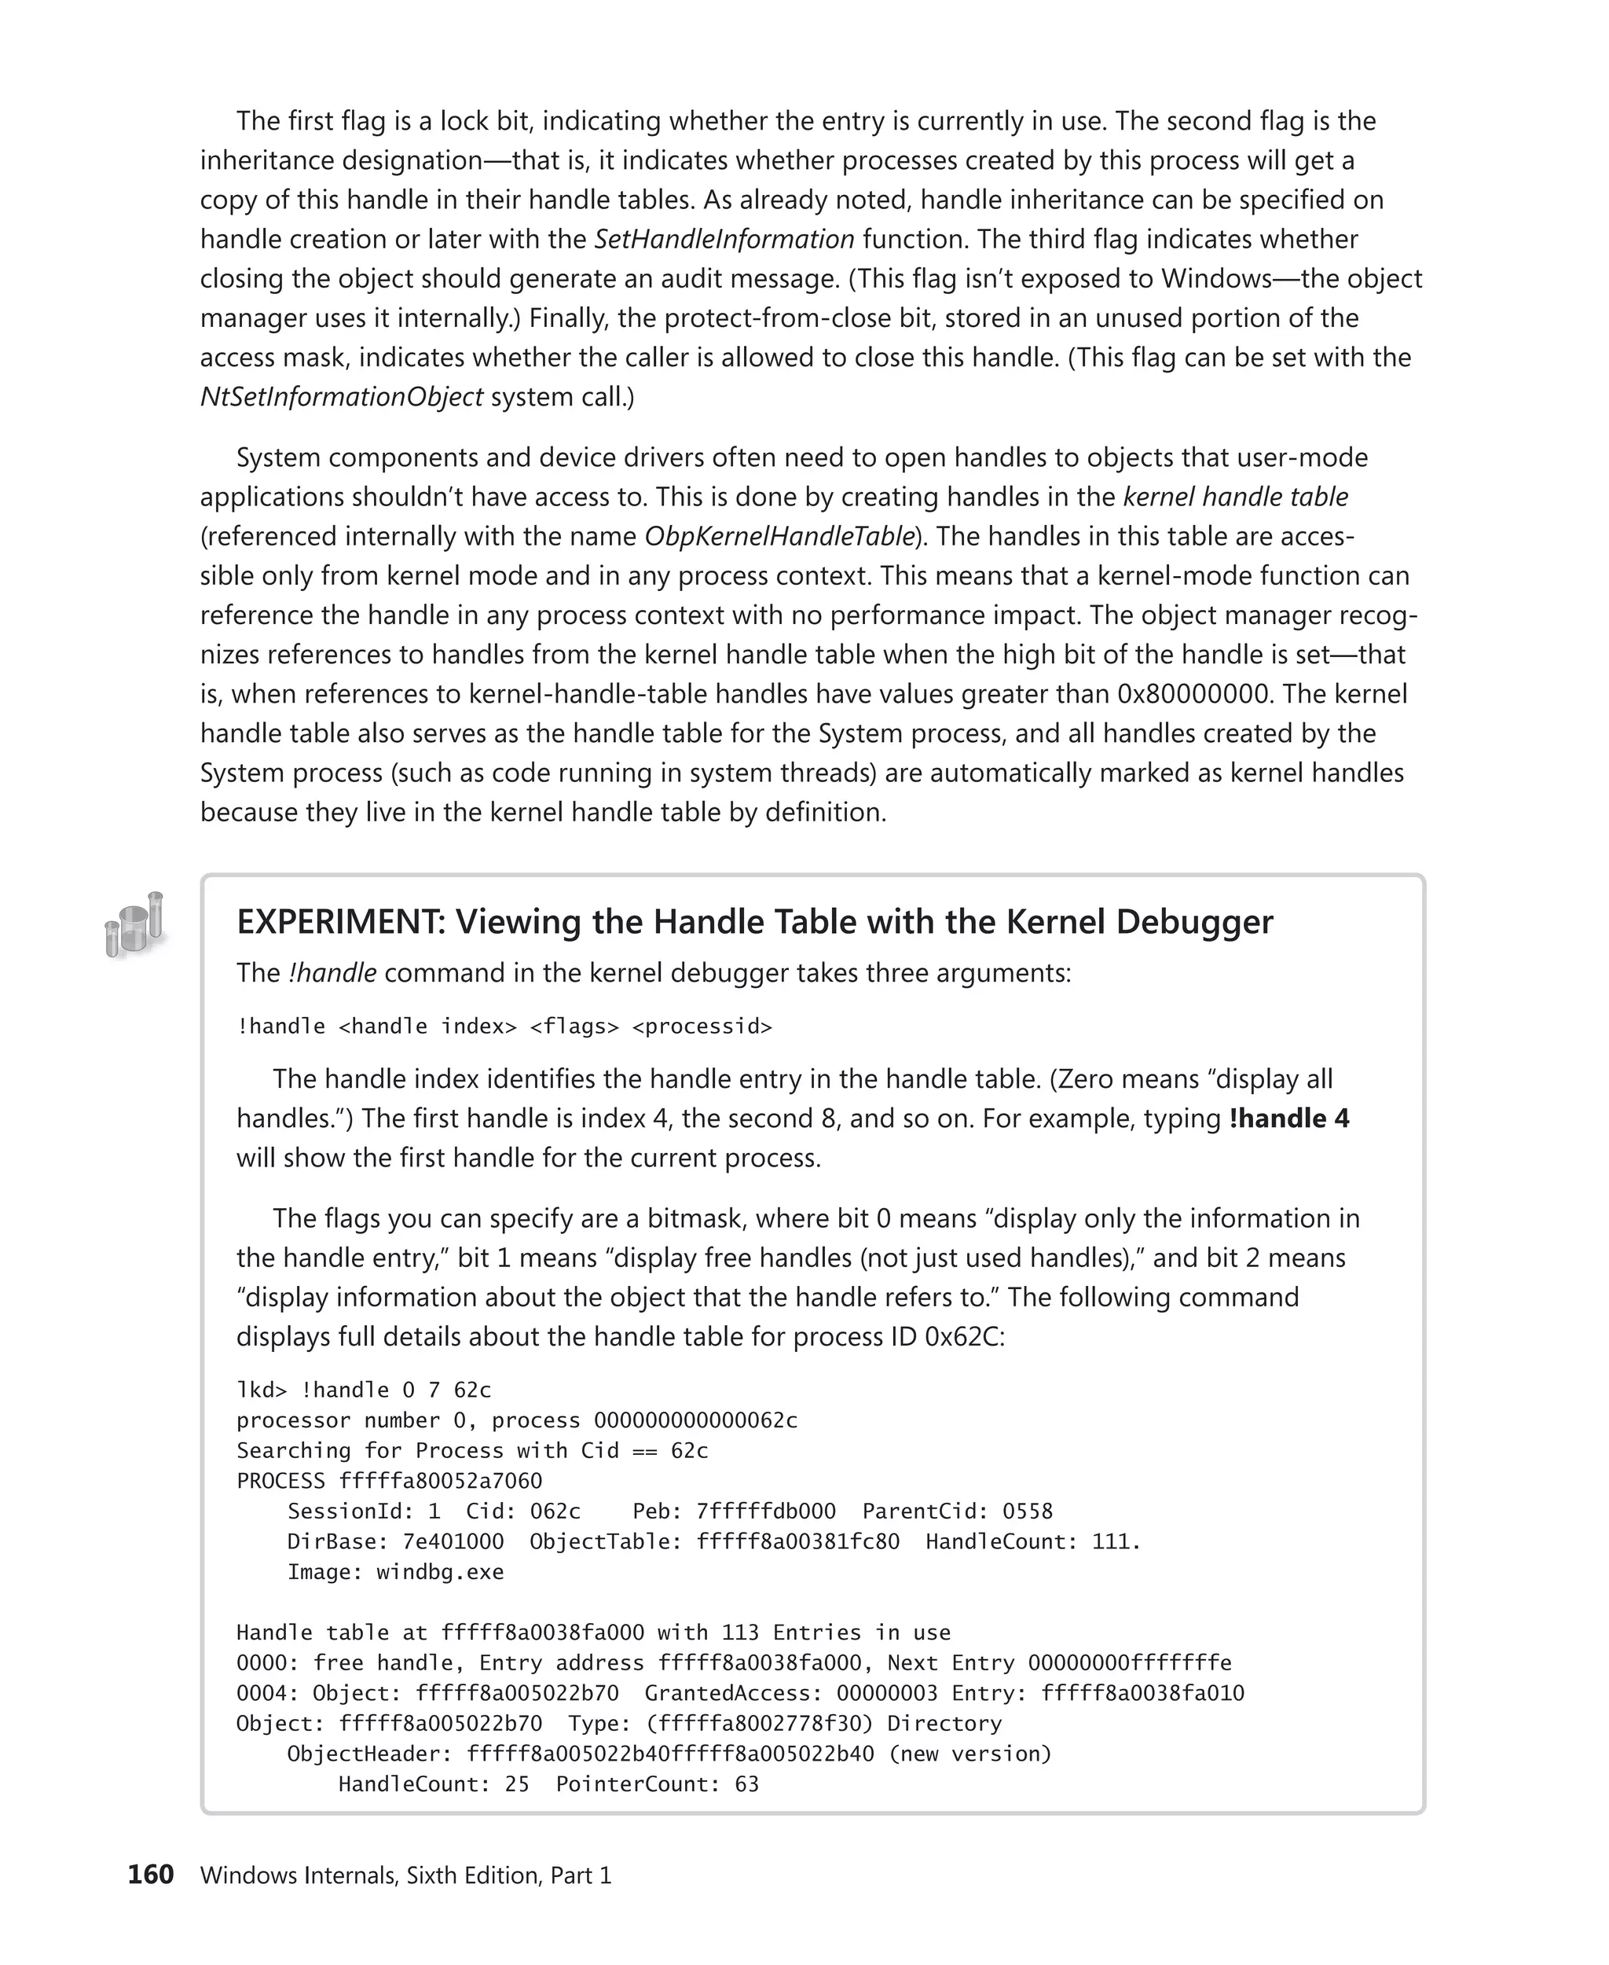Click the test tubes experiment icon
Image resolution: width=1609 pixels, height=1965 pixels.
[x=134, y=924]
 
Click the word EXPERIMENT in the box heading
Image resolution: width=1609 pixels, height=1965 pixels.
[x=341, y=922]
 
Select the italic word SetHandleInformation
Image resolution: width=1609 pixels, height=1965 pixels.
[x=724, y=239]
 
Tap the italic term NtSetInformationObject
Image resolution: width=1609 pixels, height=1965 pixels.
[x=341, y=397]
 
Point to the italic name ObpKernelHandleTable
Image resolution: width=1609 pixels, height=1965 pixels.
[x=779, y=536]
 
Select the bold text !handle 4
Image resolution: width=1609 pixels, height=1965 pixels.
[x=1288, y=1118]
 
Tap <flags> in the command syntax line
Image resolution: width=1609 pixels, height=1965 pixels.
[x=574, y=1027]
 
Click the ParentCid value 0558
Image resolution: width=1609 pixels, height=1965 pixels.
[x=1027, y=1511]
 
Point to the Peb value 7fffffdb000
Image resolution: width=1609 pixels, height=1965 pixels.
[x=765, y=1511]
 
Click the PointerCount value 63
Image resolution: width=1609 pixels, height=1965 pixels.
[x=746, y=1784]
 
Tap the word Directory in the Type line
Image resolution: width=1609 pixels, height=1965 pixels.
[x=944, y=1723]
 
